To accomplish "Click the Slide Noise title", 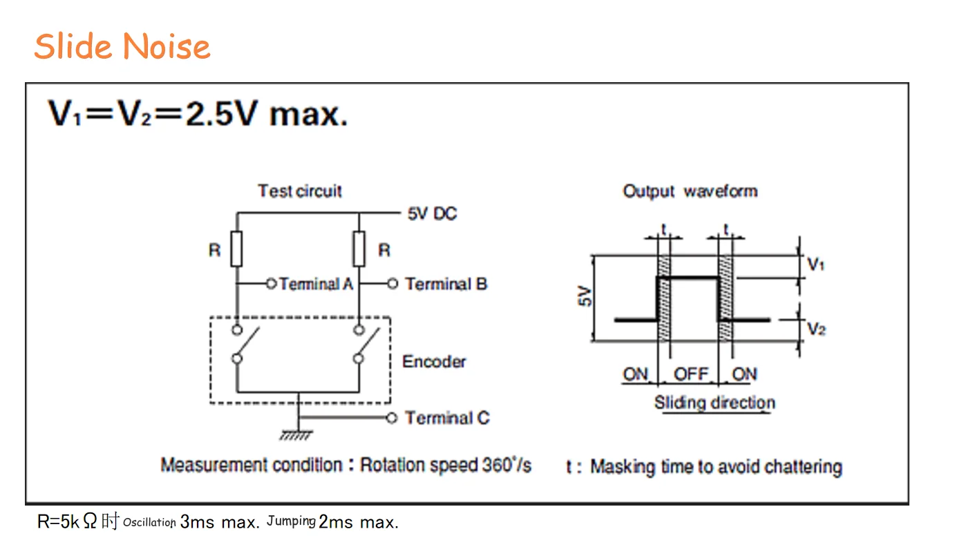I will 122,47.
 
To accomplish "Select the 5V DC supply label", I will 432,214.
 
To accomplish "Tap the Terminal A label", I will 316,284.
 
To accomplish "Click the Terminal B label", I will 446,284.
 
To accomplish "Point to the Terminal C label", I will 446,418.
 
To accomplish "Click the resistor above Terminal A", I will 236,249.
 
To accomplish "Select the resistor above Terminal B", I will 359,249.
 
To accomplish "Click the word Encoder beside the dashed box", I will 434,361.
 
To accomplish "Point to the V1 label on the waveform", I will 816,264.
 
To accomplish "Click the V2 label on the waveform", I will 816,329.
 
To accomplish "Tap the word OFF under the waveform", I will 691,374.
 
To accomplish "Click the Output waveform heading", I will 690,191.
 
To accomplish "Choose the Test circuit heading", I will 300,191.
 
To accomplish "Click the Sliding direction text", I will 715,403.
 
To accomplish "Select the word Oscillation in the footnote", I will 149,523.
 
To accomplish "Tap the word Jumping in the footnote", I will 291,521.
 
